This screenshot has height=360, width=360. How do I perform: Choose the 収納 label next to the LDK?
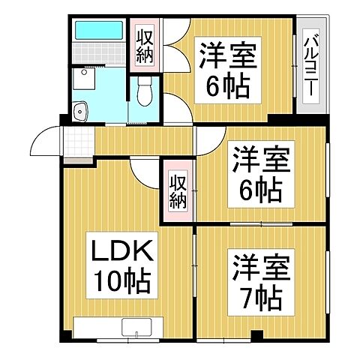pyautogui.click(x=177, y=190)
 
